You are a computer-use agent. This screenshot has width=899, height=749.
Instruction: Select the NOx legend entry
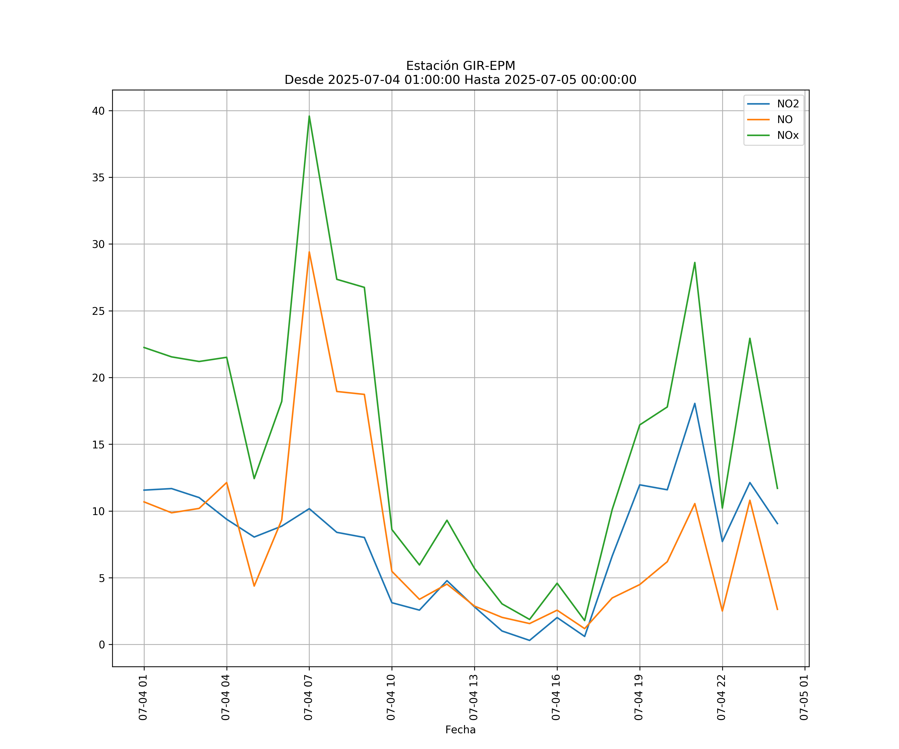pos(788,136)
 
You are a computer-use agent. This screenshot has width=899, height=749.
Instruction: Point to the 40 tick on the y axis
pos(98,111)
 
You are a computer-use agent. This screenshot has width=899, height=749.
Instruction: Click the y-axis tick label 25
pos(98,311)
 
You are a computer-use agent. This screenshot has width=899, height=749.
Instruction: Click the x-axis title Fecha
pos(460,730)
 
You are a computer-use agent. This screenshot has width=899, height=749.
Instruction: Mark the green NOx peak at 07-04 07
pos(309,116)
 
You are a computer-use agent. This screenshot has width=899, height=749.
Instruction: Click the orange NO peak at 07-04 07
pos(309,252)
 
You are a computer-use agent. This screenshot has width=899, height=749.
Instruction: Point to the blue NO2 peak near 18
pos(695,403)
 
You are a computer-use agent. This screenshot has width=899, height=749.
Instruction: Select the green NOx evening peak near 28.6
pos(695,262)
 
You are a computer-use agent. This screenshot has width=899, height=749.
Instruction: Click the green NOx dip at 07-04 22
pos(722,508)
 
